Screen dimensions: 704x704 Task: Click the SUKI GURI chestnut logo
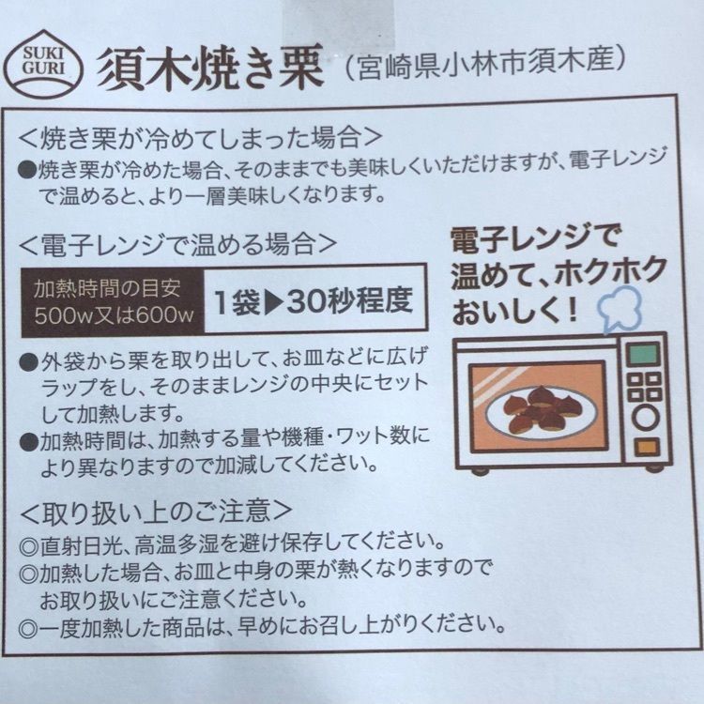coord(43,64)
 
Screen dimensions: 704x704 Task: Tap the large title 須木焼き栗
coord(210,68)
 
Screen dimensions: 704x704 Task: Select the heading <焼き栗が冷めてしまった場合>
coord(200,138)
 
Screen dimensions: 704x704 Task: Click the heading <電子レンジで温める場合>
coord(177,245)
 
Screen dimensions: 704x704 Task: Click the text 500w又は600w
coord(114,315)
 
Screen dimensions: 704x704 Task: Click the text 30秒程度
coord(349,301)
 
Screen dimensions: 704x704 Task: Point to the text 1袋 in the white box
coord(237,302)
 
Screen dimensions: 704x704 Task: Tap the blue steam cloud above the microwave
coord(620,309)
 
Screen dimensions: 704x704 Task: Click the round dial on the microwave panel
coord(645,418)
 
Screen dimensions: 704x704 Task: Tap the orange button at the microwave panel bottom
coord(647,447)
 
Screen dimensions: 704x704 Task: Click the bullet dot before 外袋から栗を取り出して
coord(30,362)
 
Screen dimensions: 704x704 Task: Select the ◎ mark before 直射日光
coord(29,546)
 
